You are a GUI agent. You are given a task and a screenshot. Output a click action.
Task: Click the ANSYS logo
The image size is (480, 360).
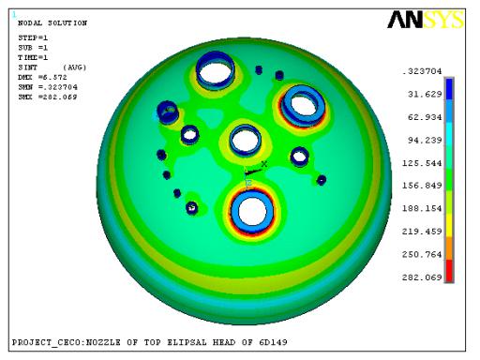click(426, 20)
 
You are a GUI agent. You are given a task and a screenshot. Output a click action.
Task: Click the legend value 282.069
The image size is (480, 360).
click(422, 277)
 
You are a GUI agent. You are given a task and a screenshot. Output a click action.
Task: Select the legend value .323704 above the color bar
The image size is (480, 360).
click(422, 71)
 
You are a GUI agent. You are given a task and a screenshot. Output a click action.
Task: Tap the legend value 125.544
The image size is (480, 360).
click(422, 163)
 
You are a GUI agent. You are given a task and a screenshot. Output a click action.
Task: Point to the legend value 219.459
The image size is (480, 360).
click(422, 232)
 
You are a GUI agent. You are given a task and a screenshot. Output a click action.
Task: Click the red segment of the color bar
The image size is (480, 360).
click(449, 271)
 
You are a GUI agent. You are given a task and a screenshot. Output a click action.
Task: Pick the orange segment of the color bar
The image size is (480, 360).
click(449, 248)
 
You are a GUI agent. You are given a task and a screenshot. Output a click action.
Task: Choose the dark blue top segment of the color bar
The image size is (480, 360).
click(449, 89)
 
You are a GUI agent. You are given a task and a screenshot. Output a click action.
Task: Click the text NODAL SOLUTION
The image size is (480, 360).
click(52, 23)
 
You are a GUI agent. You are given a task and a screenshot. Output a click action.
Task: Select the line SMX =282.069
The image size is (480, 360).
click(48, 97)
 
